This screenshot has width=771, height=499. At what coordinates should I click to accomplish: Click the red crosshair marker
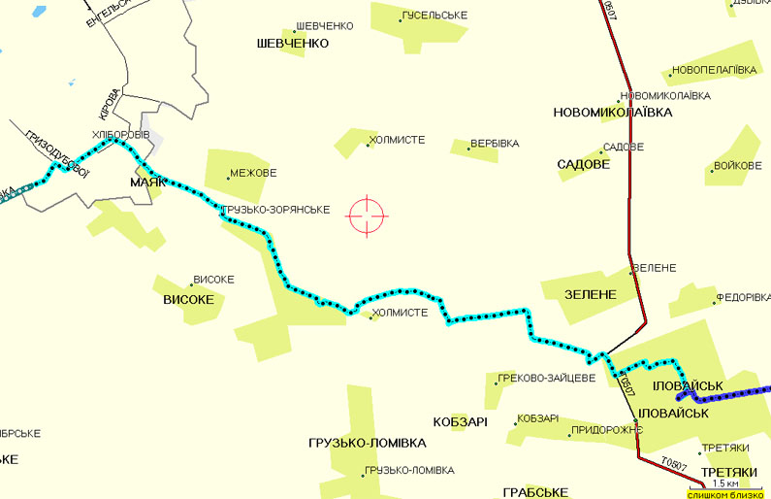click(x=368, y=215)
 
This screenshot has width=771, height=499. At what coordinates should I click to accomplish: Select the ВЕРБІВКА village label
click(x=494, y=144)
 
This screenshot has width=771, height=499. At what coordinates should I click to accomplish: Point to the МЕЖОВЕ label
click(x=253, y=175)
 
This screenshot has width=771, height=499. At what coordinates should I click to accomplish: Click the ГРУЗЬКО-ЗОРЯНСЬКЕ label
click(x=275, y=210)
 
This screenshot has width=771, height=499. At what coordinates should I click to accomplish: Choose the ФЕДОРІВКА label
click(x=743, y=298)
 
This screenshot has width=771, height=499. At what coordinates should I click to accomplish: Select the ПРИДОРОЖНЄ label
click(x=607, y=429)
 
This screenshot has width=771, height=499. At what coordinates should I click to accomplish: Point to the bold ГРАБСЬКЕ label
click(x=535, y=492)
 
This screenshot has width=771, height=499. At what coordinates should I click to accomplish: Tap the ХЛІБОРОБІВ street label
click(x=120, y=134)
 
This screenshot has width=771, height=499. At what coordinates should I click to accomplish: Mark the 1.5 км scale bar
click(x=725, y=483)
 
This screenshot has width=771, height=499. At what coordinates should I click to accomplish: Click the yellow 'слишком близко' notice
click(x=727, y=494)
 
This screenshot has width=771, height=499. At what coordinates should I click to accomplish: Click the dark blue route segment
click(x=727, y=396)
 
